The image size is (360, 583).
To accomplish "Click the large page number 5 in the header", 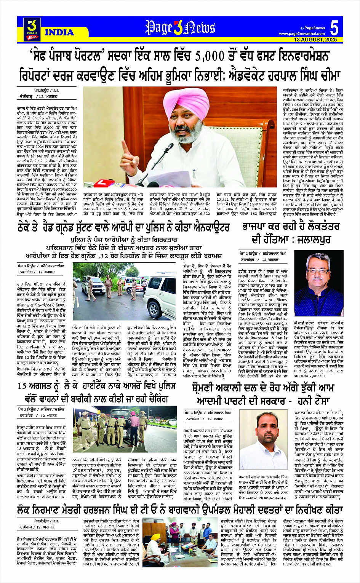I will coord(334,29).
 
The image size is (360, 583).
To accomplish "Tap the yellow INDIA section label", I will coord(59,32).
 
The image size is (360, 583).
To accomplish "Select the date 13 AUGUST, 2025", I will coord(315,40).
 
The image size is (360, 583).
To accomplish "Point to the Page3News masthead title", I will coord(180,28).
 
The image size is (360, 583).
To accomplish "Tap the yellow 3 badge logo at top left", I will coord(32,28).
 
